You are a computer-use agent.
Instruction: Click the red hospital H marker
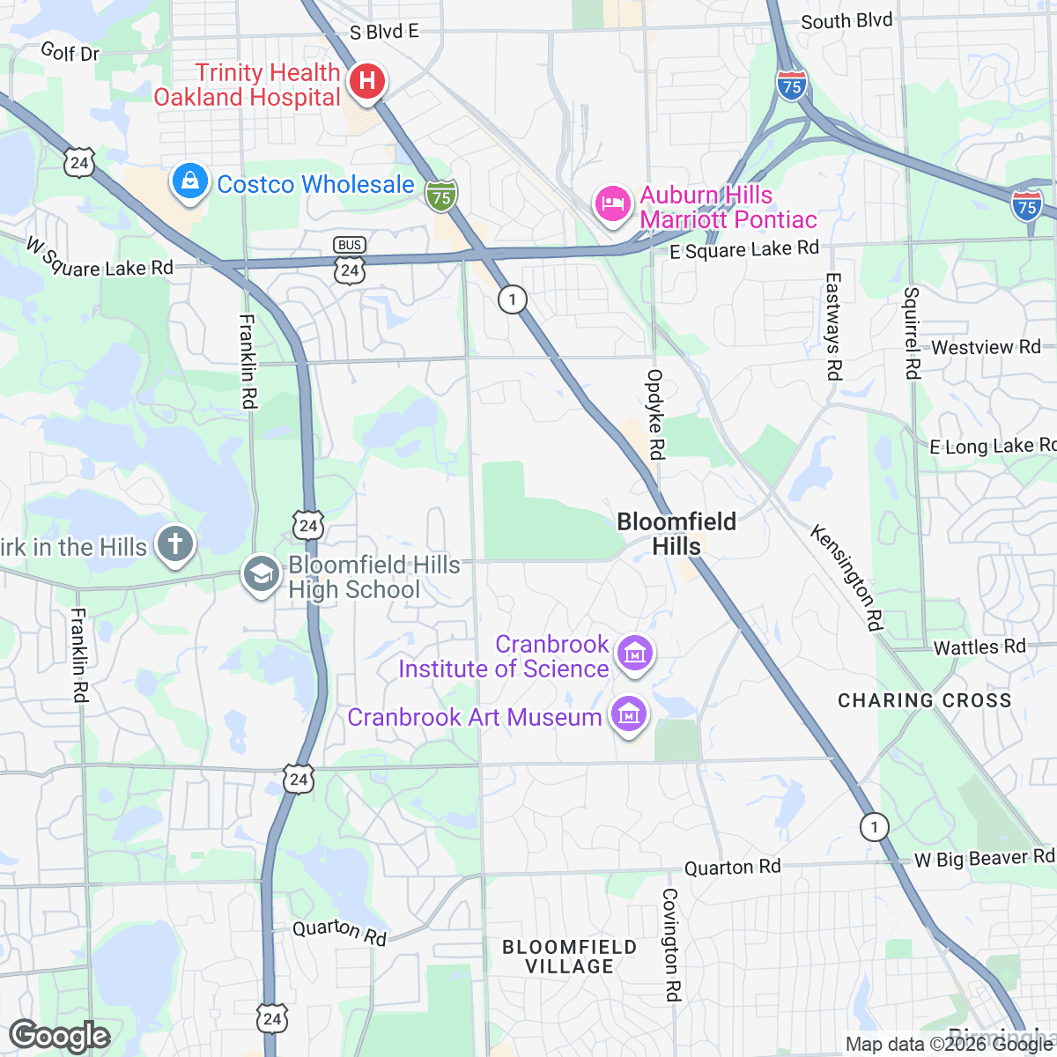pos(366,83)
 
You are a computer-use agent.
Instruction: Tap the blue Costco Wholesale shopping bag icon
pos(189,182)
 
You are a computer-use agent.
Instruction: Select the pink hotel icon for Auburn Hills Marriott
pos(612,204)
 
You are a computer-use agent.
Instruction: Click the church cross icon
pos(174,543)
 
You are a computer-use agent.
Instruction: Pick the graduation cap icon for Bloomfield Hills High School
pos(261,574)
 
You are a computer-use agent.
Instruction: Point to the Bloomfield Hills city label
pos(676,534)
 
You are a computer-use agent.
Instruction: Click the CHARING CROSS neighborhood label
pos(924,701)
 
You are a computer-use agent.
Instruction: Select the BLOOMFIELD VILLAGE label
pos(569,957)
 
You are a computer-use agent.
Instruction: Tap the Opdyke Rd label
pos(655,414)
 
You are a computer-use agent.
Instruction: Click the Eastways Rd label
pos(833,326)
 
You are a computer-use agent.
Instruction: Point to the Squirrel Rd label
pos(912,333)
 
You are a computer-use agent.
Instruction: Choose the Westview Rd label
pos(986,347)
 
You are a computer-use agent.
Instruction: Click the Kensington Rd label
pos(846,577)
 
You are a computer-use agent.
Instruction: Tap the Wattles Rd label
pos(979,647)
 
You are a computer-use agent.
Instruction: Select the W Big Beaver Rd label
pos(983,859)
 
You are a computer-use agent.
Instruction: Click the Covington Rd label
pos(671,944)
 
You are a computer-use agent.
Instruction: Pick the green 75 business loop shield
pos(441,196)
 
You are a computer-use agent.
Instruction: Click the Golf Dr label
pos(70,52)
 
